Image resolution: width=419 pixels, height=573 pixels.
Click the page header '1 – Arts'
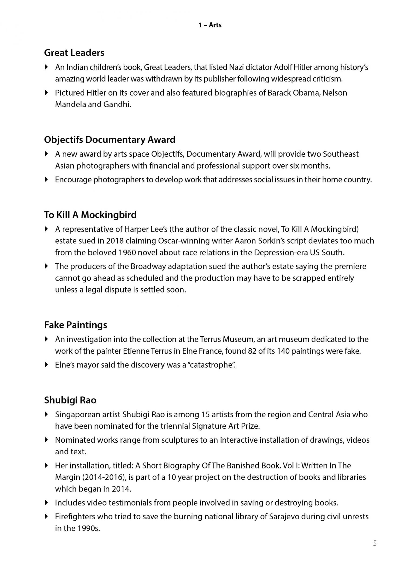[210, 25]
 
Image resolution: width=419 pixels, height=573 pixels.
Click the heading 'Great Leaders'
[74, 53]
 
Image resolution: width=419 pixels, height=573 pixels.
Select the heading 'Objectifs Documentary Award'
[110, 140]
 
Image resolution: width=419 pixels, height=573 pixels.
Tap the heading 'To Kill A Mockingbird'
[90, 215]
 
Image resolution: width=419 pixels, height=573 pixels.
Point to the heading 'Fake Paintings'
[76, 325]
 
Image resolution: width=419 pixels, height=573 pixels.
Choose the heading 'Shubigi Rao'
[70, 400]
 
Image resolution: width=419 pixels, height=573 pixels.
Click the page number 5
[375, 543]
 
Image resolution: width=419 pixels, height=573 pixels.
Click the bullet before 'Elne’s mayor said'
[46, 365]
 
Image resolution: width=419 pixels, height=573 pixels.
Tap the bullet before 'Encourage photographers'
[46, 179]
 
